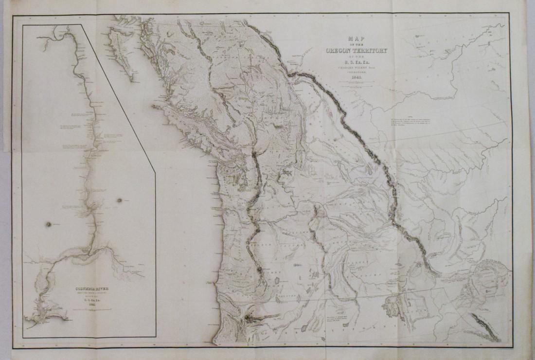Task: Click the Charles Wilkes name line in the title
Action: pyautogui.click(x=355, y=67)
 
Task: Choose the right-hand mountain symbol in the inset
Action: pyautogui.click(x=119, y=200)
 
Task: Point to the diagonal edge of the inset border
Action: pyautogui.click(x=119, y=97)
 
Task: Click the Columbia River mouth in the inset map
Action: pyautogui.click(x=41, y=319)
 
